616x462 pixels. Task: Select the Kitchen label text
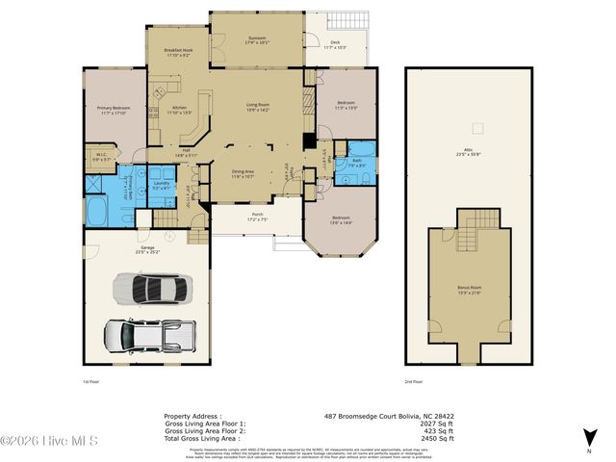179,110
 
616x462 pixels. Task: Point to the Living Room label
258,106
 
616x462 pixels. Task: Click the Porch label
257,217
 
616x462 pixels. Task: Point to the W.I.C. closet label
101,156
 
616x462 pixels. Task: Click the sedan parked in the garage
152,288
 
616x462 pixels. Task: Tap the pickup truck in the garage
149,336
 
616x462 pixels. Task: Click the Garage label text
147,249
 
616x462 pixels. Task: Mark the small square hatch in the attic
475,127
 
